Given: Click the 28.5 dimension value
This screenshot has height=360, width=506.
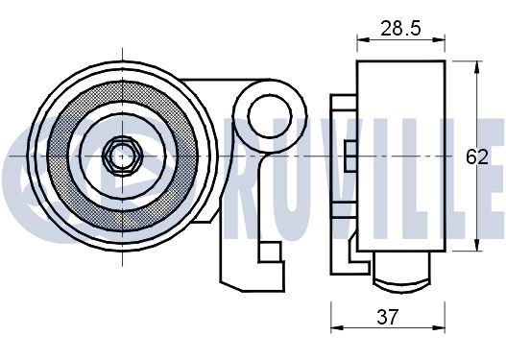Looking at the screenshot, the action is (400, 29).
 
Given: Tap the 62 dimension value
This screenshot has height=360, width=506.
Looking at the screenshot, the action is (476, 157).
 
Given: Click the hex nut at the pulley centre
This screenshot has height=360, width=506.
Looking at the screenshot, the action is (122, 156).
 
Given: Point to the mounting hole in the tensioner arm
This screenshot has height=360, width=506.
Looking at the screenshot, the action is (270, 115).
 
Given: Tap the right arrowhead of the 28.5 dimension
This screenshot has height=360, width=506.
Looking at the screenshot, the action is (439, 39).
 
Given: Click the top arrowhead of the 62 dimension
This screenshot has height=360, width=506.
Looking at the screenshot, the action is (476, 66).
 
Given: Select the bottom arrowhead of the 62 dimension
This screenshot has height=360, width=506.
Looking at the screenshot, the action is (476, 245).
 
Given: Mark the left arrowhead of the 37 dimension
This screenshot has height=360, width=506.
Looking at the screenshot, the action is (337, 328).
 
